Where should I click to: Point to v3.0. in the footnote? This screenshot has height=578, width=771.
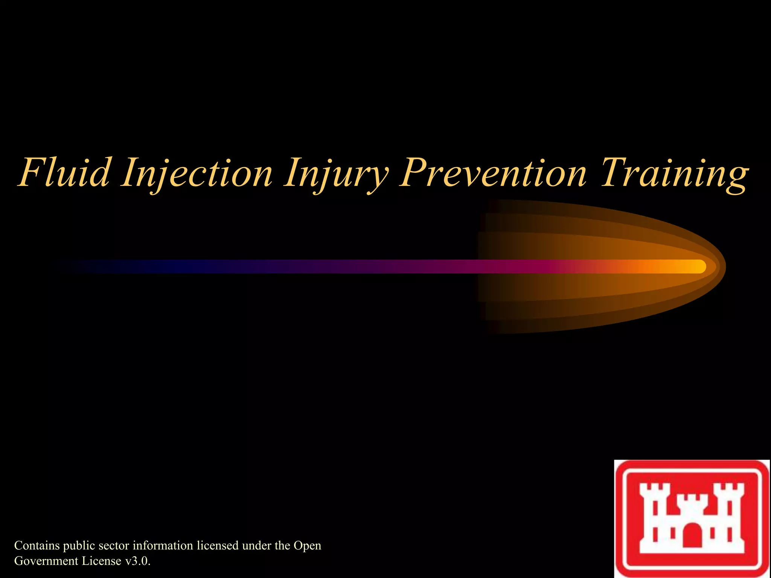(x=138, y=561)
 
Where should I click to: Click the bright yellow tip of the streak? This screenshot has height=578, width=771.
(x=698, y=266)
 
